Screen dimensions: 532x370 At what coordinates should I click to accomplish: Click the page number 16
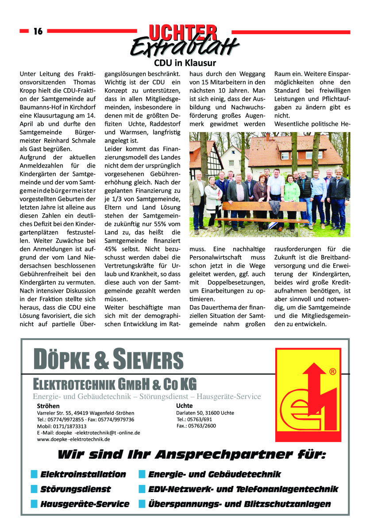38,31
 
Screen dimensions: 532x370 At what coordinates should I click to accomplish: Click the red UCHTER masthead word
183,32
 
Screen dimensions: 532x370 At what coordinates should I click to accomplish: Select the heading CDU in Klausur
185,63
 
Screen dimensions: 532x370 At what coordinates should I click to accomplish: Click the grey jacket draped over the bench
275,208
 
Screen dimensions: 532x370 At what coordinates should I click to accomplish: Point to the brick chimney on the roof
268,138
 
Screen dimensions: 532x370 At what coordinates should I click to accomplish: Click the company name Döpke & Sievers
108,360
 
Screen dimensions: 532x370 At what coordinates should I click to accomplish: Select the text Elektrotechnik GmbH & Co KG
115,383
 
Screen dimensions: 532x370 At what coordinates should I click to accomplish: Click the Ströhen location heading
48,406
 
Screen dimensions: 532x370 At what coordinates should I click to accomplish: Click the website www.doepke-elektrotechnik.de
73,439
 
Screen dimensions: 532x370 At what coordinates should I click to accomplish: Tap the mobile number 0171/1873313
62,426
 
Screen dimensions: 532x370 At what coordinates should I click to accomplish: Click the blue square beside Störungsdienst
34,489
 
